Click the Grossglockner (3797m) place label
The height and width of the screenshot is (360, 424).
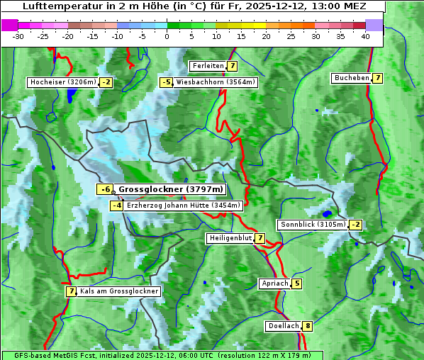[170, 189]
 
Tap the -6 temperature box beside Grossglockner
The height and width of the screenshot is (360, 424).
[105, 189]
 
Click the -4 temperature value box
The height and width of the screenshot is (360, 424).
[117, 206]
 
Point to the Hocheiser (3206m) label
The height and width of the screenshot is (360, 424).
[62, 82]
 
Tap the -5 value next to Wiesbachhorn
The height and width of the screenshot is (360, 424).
[166, 82]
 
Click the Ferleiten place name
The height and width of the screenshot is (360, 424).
[208, 66]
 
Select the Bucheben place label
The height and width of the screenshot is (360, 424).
[352, 77]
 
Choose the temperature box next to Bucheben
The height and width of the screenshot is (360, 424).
[378, 77]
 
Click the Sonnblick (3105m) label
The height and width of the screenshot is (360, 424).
[313, 225]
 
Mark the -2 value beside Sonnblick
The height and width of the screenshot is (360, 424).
[356, 225]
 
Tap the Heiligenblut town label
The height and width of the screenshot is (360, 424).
[230, 238]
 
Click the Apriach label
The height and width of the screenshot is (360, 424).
[274, 283]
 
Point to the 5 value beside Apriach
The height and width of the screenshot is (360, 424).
[296, 283]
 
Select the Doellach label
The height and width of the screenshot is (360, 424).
[284, 327]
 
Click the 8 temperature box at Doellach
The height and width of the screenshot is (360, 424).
[307, 327]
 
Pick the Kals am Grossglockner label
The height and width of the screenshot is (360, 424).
[119, 291]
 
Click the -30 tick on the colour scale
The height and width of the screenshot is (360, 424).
[18, 35]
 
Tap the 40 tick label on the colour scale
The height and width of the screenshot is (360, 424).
[365, 35]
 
